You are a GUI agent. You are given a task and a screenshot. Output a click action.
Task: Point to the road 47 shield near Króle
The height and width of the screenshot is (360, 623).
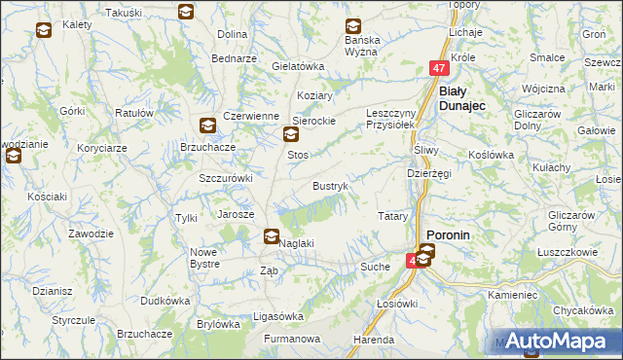pos(440,68)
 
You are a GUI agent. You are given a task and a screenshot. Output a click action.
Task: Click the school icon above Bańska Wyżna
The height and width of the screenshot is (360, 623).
pos(353,26)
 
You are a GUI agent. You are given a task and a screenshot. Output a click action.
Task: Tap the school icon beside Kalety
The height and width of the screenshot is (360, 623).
pos(44,30)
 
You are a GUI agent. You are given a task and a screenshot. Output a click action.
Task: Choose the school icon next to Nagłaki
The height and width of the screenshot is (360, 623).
pos(272,235)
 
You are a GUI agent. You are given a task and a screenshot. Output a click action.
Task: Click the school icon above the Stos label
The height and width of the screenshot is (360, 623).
pos(290,135)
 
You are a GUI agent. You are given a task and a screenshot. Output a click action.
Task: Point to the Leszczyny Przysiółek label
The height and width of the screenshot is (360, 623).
pos(390,119)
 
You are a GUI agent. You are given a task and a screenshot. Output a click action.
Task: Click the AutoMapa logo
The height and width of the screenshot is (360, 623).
pos(557,342)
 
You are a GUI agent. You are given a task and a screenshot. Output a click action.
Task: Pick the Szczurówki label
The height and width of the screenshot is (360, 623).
pos(226,178)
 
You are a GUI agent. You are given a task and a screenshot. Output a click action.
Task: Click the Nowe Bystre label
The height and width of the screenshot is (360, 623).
pos(204,258)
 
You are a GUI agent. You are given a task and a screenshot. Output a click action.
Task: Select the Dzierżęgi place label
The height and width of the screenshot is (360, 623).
pos(428,173)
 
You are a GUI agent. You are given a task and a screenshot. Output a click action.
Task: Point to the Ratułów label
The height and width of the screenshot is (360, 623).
pos(134,113)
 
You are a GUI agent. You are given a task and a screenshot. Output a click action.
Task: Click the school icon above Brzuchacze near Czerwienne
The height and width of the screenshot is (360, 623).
pos(207,125)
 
